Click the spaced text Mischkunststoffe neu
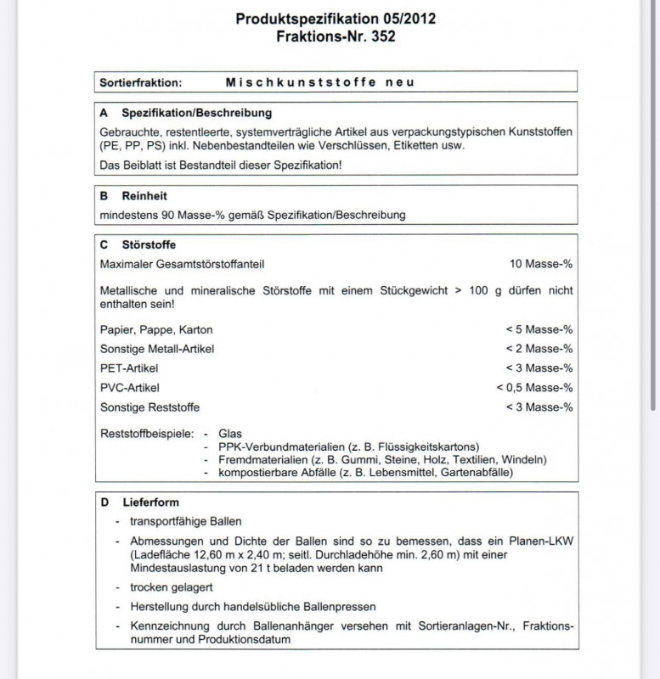319,82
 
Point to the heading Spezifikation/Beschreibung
197,113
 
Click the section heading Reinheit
144,195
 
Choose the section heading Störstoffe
149,244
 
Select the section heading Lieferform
150,502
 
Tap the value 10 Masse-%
541,264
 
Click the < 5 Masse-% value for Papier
539,329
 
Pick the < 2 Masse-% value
539,349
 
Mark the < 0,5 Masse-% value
534,388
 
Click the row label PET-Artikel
129,368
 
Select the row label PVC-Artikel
130,388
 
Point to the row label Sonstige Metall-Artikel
157,349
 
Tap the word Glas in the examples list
230,434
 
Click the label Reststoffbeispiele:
147,434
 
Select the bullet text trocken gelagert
171,587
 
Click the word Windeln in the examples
526,459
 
